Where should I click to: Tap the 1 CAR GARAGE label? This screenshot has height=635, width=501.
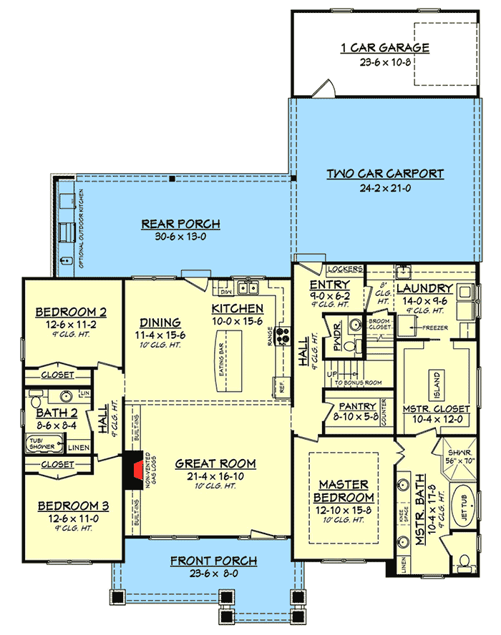384,49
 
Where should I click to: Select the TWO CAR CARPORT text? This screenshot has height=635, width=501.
385,174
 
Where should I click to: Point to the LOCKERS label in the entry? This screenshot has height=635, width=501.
344,270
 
